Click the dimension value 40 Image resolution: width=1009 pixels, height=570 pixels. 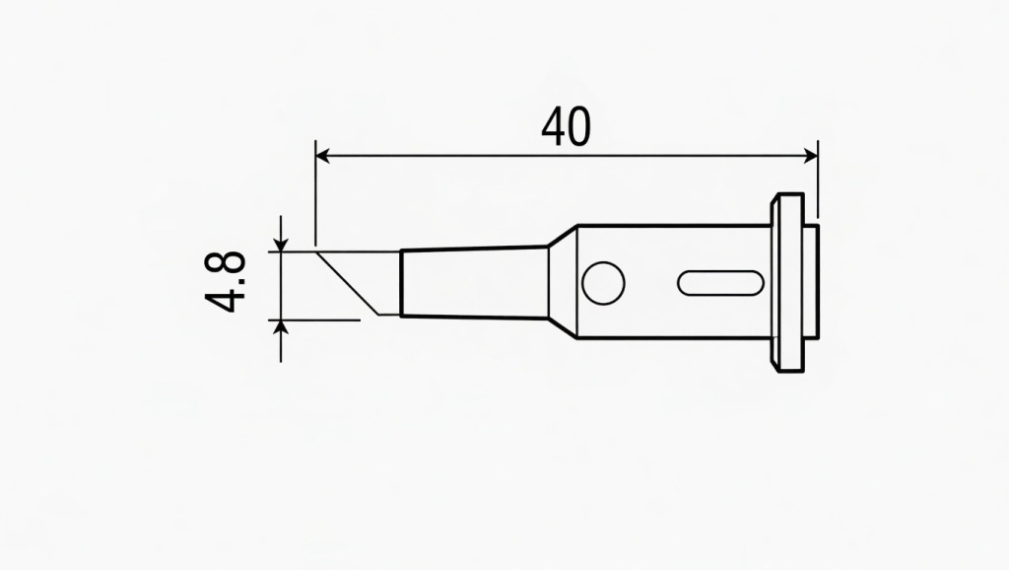tap(566, 127)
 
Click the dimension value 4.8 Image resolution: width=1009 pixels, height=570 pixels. tap(230, 283)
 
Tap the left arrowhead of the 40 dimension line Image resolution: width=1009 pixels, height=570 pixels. tap(321, 155)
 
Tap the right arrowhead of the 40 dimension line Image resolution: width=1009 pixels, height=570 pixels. tap(811, 155)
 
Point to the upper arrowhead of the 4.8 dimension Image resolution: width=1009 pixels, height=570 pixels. tap(282, 244)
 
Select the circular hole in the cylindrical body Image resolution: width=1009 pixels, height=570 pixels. tap(603, 284)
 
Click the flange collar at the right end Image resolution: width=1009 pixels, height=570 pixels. tap(787, 283)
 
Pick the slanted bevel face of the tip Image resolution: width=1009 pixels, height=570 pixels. tap(347, 284)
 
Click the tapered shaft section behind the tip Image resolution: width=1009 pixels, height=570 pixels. tap(474, 283)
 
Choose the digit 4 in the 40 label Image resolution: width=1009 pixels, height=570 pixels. tap(553, 127)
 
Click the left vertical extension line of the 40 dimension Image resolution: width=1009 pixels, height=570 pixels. tap(314, 197)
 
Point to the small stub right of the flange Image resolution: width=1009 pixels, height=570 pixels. tap(812, 283)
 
